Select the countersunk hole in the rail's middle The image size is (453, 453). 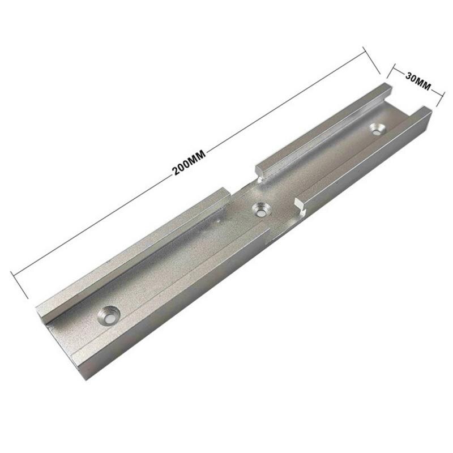[261, 210]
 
